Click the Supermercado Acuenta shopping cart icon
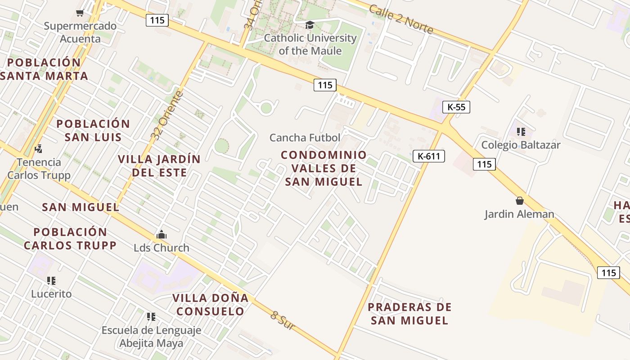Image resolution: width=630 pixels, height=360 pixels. [x=80, y=13]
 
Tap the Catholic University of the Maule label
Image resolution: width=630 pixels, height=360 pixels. [x=310, y=44]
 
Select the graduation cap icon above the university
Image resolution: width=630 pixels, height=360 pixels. [x=309, y=25]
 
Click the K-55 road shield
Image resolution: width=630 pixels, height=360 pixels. [x=456, y=107]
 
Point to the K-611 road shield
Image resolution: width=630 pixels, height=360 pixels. [x=428, y=156]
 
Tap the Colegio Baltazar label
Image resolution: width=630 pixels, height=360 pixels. [x=521, y=145]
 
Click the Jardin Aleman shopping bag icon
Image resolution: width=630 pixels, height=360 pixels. [x=520, y=201]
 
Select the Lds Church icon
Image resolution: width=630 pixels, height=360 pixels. [x=161, y=234]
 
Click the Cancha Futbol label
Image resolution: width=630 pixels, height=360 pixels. [x=305, y=137]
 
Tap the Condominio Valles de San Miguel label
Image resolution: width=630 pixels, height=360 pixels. [x=324, y=168]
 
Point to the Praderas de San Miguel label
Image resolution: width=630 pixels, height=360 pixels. [x=409, y=314]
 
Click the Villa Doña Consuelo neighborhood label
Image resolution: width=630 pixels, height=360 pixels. [x=210, y=304]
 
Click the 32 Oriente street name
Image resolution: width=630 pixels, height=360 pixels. [x=167, y=116]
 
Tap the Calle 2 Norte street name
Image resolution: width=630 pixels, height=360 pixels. [x=400, y=19]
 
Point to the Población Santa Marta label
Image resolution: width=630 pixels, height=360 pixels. [x=44, y=69]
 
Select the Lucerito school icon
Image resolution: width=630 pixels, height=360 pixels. [x=51, y=281]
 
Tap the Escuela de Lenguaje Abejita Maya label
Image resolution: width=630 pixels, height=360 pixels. [x=151, y=337]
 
